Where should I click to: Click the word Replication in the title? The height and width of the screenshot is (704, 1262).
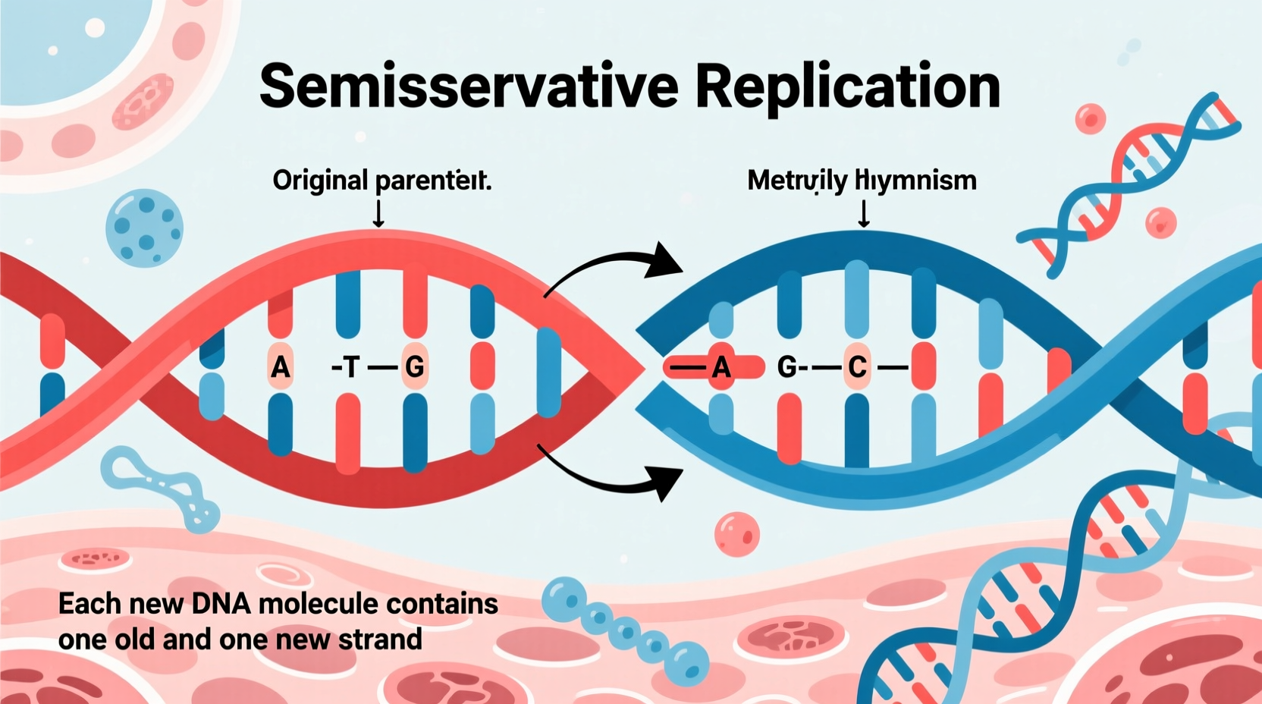click(847, 87)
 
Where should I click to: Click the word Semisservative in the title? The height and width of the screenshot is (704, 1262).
click(469, 86)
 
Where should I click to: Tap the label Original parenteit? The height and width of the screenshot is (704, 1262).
click(382, 181)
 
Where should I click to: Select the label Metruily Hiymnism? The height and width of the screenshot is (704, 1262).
click(862, 181)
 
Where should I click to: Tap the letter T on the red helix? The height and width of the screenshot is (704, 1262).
click(350, 368)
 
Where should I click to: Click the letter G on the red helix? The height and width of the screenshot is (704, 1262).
click(415, 368)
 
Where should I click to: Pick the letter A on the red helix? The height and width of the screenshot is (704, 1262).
click(280, 368)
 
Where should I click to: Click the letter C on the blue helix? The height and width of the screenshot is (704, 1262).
click(857, 368)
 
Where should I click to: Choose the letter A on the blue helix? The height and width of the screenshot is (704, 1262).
click(721, 368)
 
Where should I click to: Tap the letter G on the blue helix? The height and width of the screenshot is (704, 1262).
click(787, 368)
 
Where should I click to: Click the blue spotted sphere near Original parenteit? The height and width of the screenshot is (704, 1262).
click(144, 228)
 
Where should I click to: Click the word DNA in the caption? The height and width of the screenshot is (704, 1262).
click(221, 604)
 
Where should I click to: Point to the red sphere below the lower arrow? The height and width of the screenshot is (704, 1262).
click(736, 534)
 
